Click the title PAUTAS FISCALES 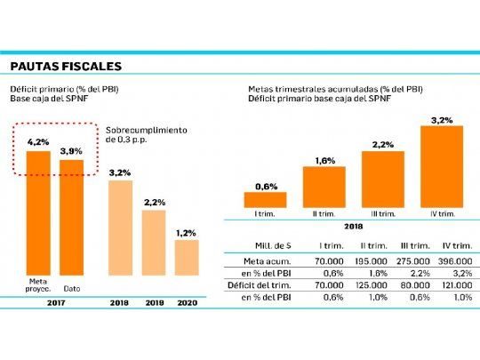coord(66,67)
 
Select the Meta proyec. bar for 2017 coord(37,213)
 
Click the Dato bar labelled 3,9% coord(71,218)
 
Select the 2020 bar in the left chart coord(187,258)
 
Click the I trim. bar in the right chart coord(265,200)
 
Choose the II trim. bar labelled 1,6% coord(324,187)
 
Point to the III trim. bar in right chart coord(383,179)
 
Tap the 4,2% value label coord(37,142)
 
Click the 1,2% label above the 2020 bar coord(187,232)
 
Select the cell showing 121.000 coord(443,286)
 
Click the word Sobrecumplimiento coord(141,129)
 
